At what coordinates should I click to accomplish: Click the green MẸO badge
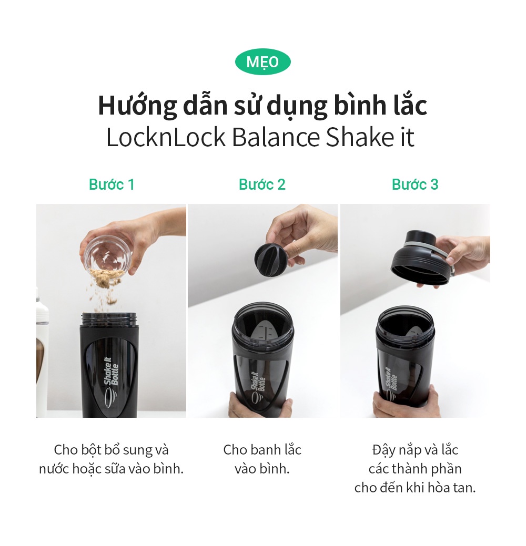[262, 63]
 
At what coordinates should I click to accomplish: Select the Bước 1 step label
[112, 184]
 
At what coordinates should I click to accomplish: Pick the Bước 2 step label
[262, 184]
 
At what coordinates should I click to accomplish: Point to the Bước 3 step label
[414, 184]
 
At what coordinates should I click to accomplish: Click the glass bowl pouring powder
[107, 253]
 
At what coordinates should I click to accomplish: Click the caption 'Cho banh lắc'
[262, 450]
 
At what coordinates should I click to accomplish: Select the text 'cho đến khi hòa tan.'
[414, 488]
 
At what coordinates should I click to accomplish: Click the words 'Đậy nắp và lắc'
[414, 450]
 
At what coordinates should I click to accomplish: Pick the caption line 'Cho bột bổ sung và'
[111, 450]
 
